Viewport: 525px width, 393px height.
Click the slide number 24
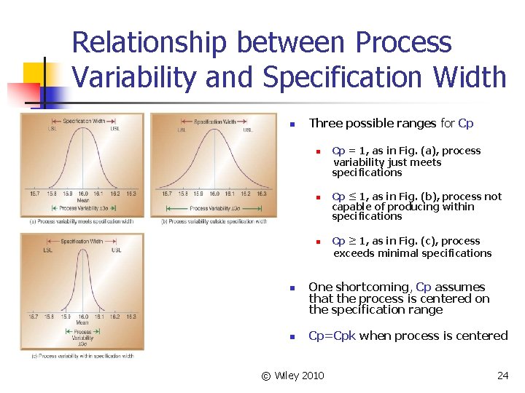pos(502,376)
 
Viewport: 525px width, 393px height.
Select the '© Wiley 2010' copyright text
pos(292,376)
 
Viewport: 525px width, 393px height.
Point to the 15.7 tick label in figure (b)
pos(167,194)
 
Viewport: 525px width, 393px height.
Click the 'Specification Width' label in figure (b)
pos(214,121)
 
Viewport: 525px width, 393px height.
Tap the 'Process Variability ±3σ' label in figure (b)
pos(213,208)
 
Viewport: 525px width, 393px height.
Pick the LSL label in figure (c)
pos(47,250)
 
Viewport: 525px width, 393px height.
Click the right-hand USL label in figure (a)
pos(115,129)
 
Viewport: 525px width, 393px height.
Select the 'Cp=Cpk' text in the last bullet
pos(332,336)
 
